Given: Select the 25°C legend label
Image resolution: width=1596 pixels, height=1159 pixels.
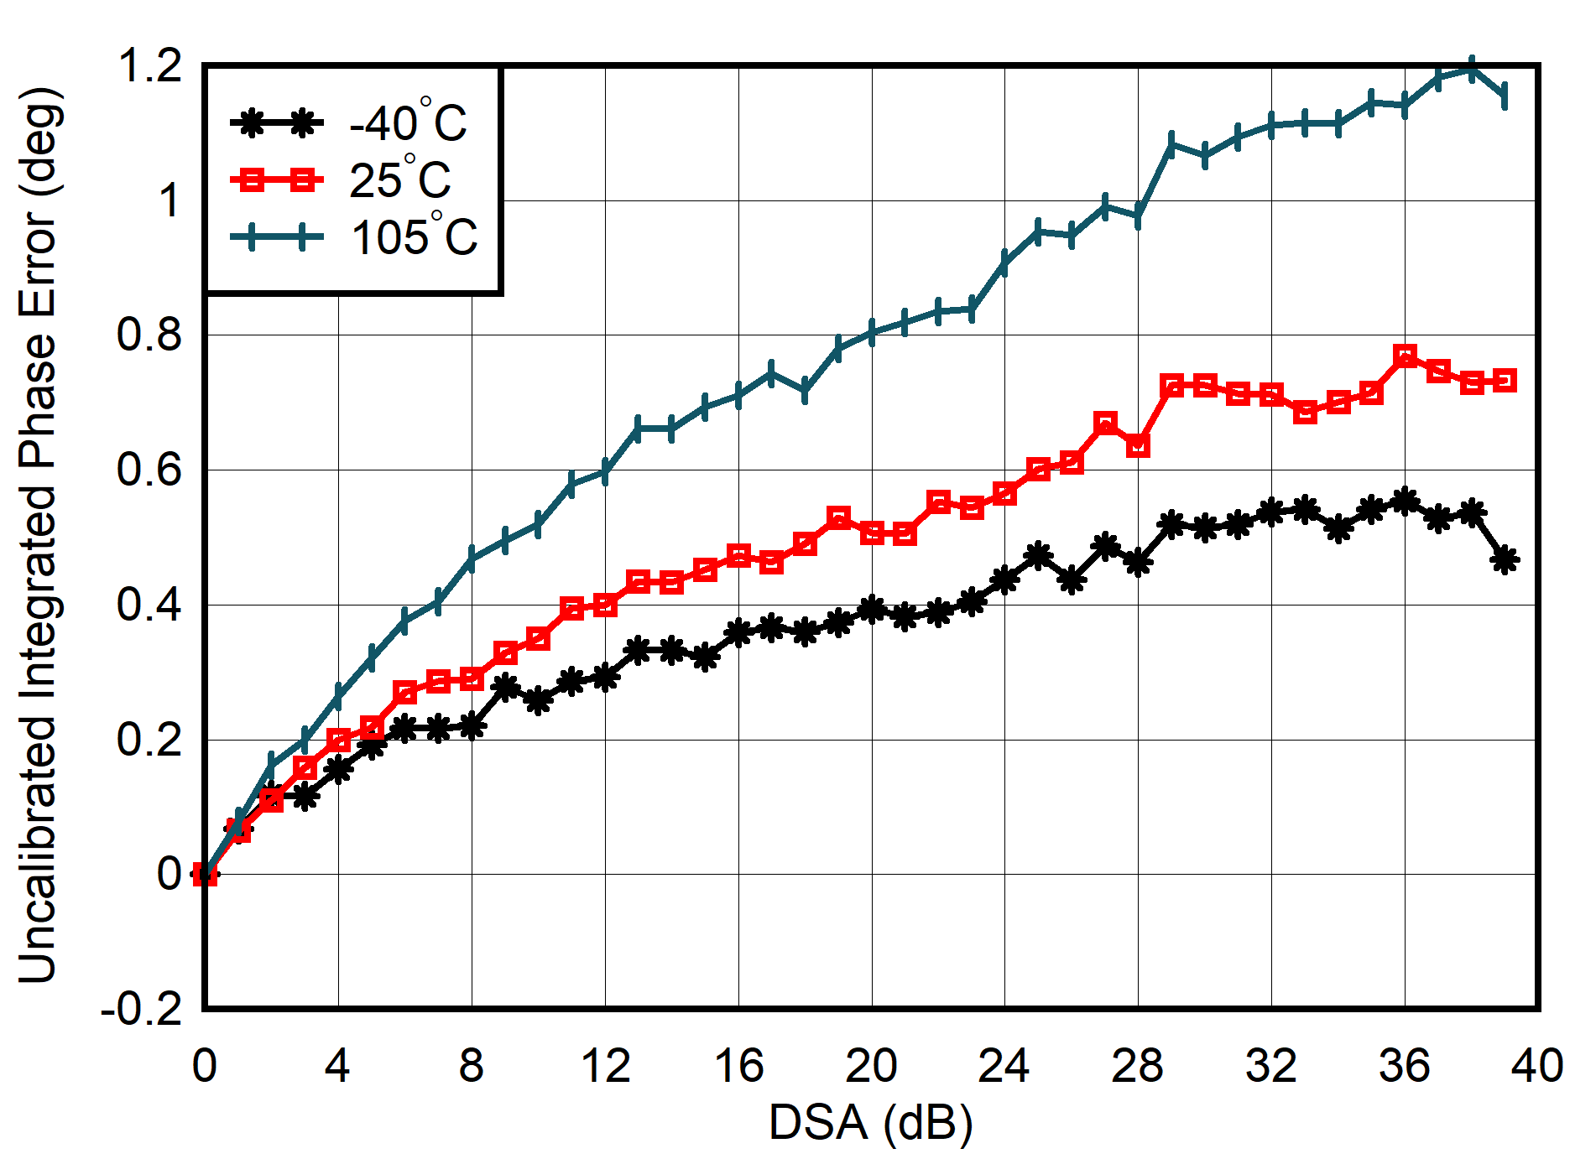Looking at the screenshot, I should [x=399, y=180].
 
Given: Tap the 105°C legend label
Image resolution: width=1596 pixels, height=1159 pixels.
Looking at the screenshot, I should [x=414, y=237].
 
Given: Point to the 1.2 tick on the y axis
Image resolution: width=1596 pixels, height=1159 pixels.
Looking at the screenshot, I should [x=151, y=65].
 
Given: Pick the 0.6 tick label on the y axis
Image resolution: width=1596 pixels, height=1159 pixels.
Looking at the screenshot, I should [x=149, y=470].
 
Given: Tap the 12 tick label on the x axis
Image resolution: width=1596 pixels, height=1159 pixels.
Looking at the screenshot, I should [x=605, y=1066].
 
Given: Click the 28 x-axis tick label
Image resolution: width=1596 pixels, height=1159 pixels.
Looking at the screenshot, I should [x=1138, y=1066].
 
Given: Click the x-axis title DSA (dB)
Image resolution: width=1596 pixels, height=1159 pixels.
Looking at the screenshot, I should [x=870, y=1122].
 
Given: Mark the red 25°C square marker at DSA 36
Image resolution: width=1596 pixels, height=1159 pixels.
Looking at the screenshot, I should [x=1405, y=356].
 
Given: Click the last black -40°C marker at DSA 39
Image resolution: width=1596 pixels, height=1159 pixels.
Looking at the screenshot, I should [x=1505, y=559].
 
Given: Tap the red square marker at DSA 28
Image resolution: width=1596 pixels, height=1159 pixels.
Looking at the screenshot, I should [x=1138, y=445].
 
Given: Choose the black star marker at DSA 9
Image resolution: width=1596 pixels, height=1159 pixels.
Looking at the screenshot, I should [x=505, y=687].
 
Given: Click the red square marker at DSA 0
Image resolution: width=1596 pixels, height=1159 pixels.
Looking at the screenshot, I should [x=205, y=874].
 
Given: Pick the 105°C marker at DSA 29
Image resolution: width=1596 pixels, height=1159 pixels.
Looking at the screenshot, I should [x=1171, y=143].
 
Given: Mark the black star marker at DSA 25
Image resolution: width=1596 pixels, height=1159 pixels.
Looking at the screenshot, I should [x=1038, y=555].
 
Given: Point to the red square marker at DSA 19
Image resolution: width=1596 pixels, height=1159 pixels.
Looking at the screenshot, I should [x=838, y=517].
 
